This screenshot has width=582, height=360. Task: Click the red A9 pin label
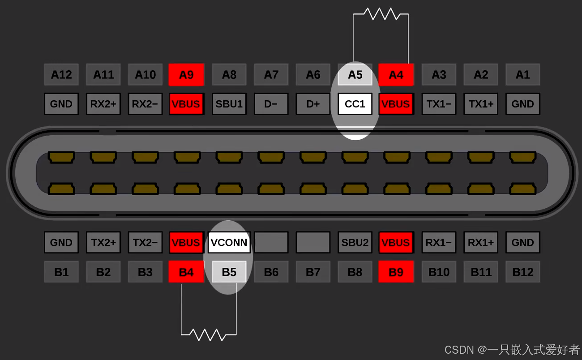(x=186, y=75)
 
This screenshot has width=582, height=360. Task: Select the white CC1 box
(x=355, y=104)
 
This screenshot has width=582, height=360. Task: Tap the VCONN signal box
(x=229, y=243)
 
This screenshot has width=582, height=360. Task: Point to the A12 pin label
(x=61, y=75)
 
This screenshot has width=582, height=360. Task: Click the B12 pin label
(x=522, y=272)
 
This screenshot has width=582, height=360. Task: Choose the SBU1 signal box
(x=229, y=104)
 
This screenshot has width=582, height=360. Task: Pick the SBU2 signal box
(x=355, y=243)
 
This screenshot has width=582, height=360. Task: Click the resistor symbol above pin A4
(x=381, y=14)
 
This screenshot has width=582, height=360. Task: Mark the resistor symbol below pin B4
(x=209, y=334)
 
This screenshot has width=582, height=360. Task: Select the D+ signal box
(x=313, y=104)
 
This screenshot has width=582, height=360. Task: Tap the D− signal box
(x=271, y=104)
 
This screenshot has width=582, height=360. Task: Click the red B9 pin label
(x=396, y=272)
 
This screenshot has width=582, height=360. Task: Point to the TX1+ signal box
(x=481, y=104)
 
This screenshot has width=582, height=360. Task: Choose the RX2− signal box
(x=145, y=104)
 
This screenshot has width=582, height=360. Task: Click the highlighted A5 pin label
(x=355, y=75)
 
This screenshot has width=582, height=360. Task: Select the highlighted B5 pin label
(x=229, y=272)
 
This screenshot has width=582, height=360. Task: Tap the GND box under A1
(x=522, y=104)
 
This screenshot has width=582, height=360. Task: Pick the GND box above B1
(x=61, y=243)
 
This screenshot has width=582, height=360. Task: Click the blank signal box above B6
(x=271, y=243)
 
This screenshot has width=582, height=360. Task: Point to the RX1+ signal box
(x=481, y=243)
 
